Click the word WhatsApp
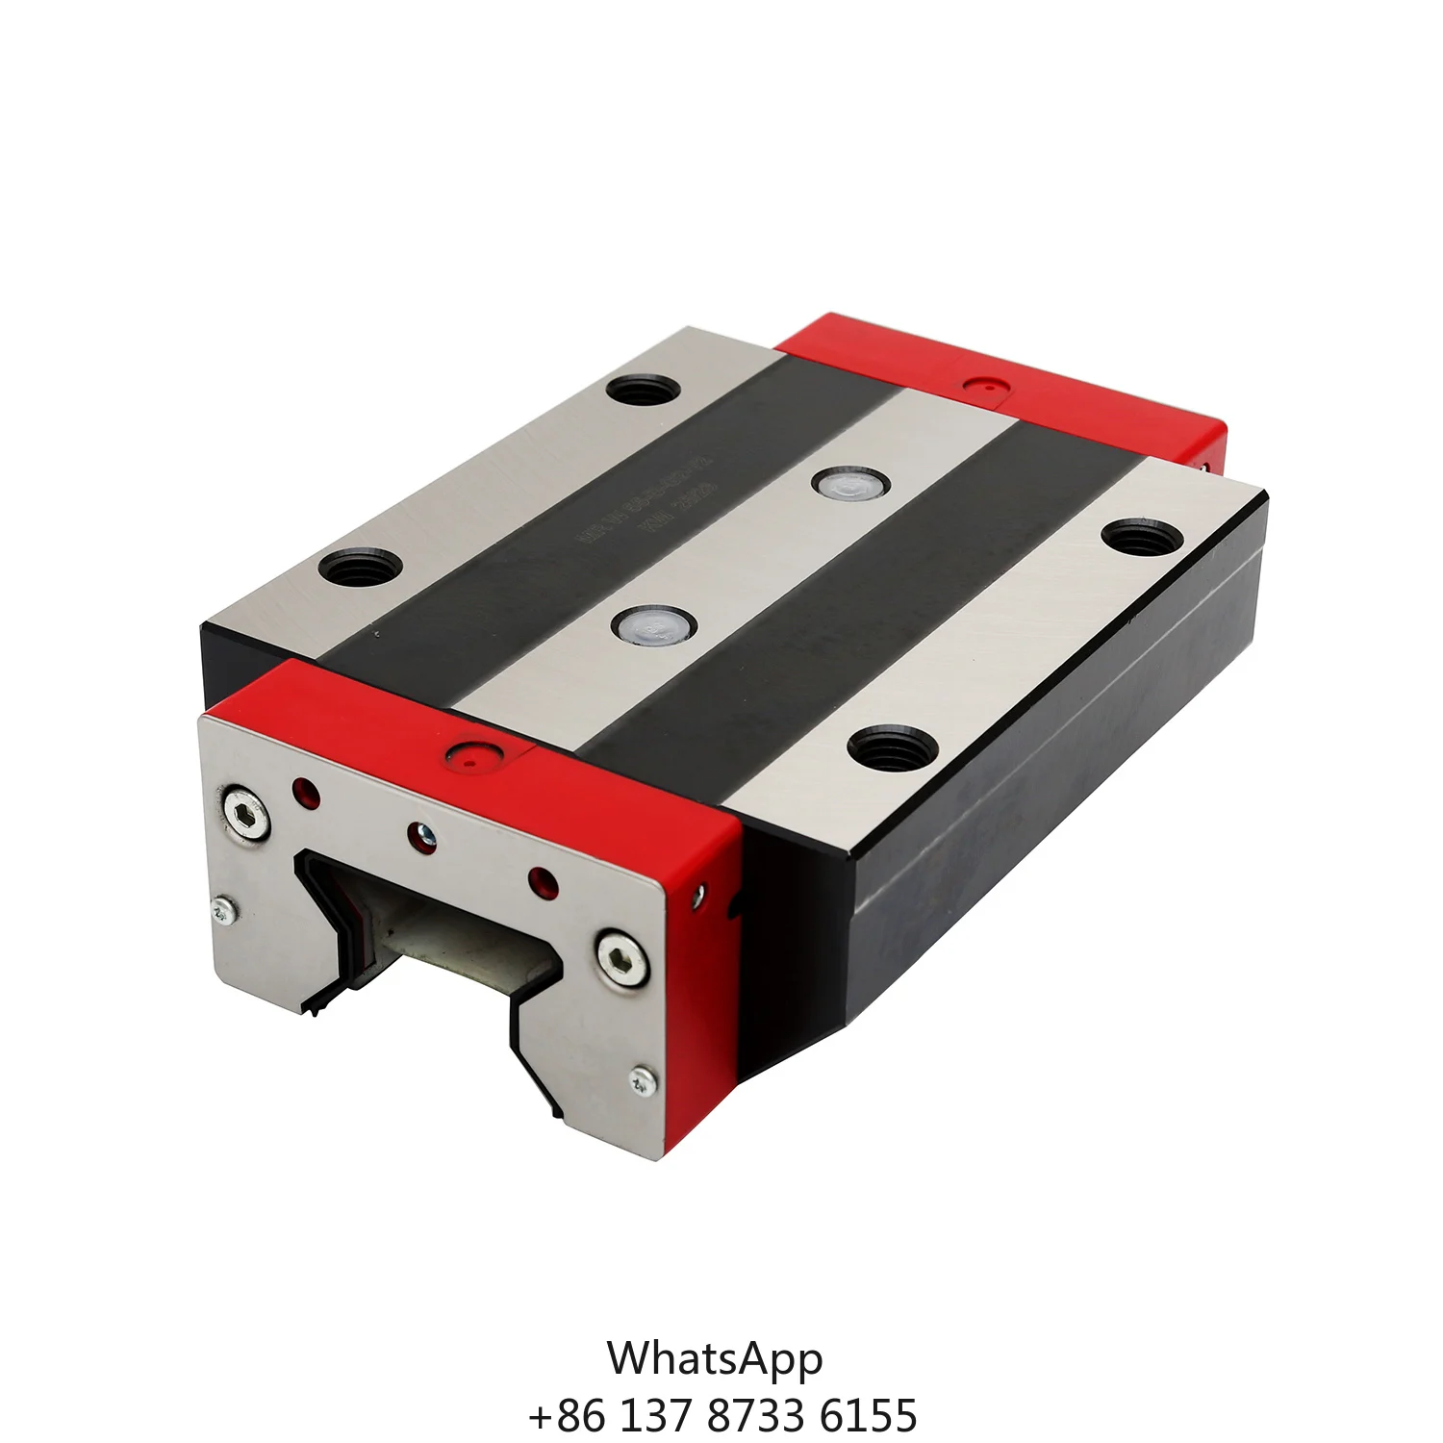coord(715,1358)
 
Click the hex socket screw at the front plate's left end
coord(245,815)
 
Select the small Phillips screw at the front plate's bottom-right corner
coord(642,1080)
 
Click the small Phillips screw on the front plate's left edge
coord(223,909)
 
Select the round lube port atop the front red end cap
coord(470,756)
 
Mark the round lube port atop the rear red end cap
coord(982,387)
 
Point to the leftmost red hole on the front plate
coord(306,792)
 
